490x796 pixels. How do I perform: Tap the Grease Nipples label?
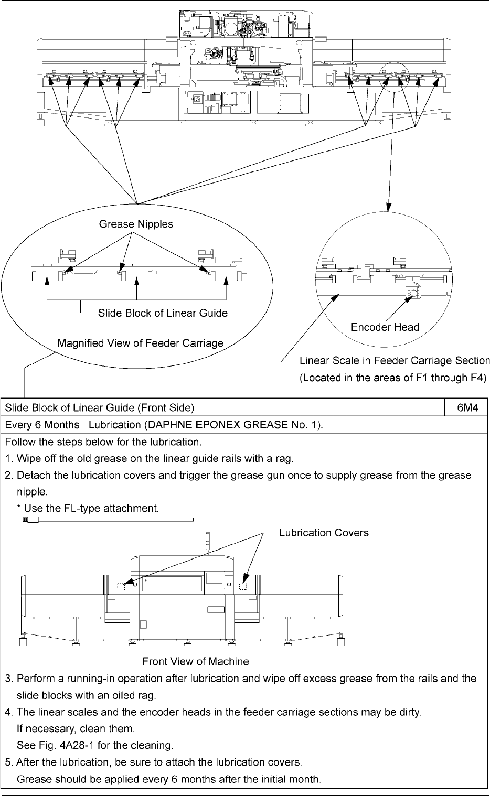click(136, 224)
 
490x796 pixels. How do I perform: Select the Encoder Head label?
click(385, 328)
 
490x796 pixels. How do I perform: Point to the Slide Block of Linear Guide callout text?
click(163, 313)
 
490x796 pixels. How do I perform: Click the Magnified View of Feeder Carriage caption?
click(140, 343)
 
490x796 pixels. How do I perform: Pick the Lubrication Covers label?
click(324, 533)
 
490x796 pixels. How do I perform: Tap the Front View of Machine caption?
click(196, 661)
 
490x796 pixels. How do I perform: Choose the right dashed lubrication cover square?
click(243, 586)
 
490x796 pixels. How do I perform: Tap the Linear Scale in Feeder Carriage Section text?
click(394, 361)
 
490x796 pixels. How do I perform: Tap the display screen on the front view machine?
click(215, 578)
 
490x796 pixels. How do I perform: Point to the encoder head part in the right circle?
click(412, 292)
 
